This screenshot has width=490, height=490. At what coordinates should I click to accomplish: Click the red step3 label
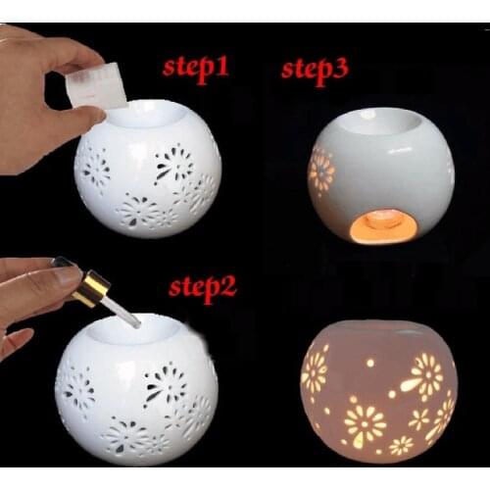(x=316, y=70)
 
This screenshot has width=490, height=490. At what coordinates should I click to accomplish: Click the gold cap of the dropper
(x=91, y=291)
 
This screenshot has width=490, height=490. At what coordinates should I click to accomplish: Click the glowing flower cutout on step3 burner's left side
(x=320, y=171)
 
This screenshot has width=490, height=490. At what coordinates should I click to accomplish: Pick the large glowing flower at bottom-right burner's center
(x=364, y=423)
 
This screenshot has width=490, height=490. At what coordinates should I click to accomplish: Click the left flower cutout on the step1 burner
(x=95, y=169)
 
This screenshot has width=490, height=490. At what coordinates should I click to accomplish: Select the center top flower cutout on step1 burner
(x=173, y=163)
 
